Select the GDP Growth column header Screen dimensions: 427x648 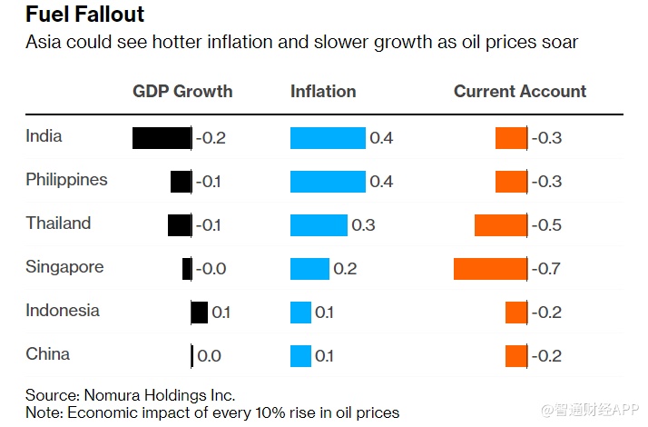coord(182,91)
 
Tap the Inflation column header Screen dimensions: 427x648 coord(323,91)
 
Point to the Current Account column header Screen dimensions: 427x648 coord(520,91)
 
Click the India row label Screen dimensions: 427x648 coord(44,136)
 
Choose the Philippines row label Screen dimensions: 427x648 coord(66,180)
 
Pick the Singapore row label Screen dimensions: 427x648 coord(64,267)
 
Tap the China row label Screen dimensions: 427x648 coord(47,354)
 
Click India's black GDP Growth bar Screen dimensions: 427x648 coord(162,138)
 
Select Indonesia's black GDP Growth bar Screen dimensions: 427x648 coord(200,313)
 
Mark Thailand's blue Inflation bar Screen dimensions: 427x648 coord(319,225)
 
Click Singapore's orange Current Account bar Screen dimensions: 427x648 coord(490,269)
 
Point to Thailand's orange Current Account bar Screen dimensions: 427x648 coord(501,225)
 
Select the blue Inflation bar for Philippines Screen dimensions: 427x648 coord(328,182)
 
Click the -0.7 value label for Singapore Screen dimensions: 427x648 coord(546,269)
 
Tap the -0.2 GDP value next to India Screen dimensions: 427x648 coord(211,138)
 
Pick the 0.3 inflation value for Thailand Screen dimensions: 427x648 coord(363,225)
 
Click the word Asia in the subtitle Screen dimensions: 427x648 coord(43,43)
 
